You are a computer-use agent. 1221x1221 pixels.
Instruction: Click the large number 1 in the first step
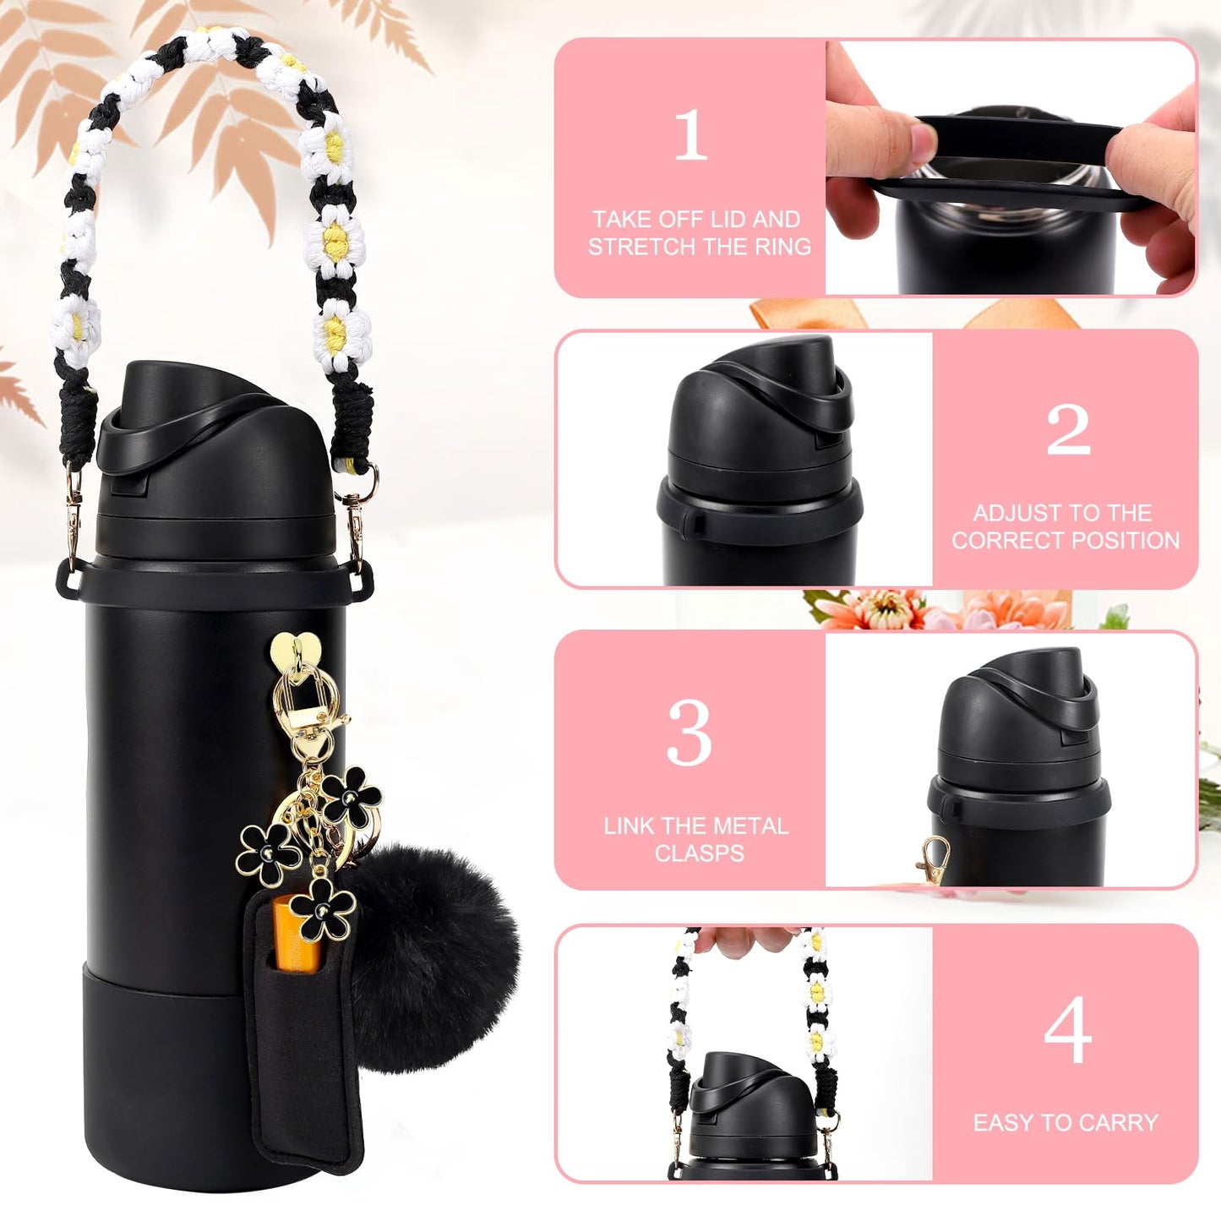(690, 135)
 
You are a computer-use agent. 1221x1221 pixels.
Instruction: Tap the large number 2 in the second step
(1068, 429)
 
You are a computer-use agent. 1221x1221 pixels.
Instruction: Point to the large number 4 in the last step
(1067, 1030)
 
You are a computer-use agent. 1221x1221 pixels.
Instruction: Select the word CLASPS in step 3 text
(699, 853)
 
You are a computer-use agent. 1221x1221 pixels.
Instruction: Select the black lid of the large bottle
(211, 456)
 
